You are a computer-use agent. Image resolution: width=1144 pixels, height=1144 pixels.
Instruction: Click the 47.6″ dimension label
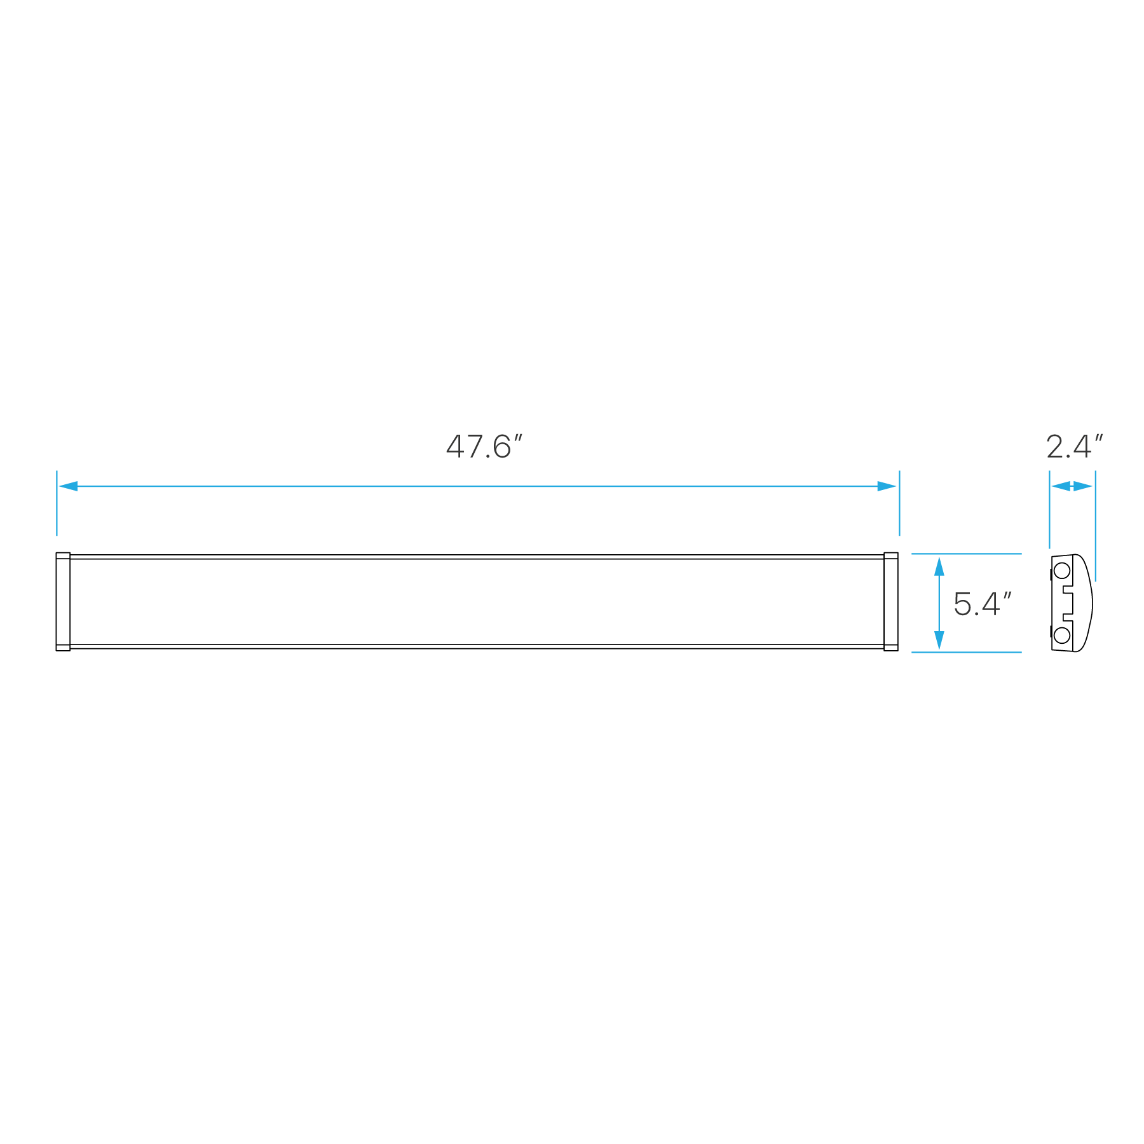[x=484, y=447]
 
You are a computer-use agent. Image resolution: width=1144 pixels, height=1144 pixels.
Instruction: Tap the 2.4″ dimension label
[x=1073, y=447]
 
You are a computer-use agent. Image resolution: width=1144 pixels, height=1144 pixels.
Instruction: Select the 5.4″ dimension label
[x=982, y=604]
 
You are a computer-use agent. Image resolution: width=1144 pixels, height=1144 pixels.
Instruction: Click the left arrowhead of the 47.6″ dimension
[x=67, y=486]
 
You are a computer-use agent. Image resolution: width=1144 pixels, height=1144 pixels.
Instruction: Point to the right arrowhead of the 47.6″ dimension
[x=887, y=486]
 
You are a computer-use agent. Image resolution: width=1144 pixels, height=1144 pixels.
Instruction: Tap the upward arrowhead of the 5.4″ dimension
[x=939, y=566]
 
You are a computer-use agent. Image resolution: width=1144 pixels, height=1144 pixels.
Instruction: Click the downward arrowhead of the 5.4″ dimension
[x=939, y=640]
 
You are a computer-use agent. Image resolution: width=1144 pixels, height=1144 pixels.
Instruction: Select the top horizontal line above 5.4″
[x=966, y=554]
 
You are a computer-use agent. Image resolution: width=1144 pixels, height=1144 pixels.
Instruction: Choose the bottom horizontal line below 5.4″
[x=966, y=652]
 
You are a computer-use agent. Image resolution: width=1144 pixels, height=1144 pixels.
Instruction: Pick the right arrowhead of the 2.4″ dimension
[x=1084, y=486]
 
